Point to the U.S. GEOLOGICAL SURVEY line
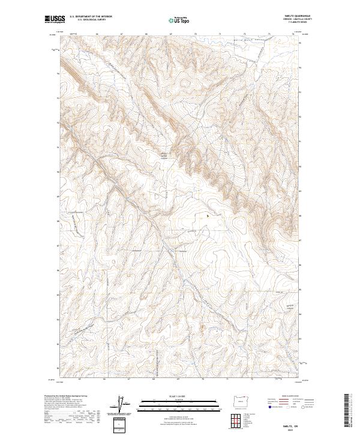(x=90, y=21)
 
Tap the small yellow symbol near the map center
(x=208, y=215)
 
